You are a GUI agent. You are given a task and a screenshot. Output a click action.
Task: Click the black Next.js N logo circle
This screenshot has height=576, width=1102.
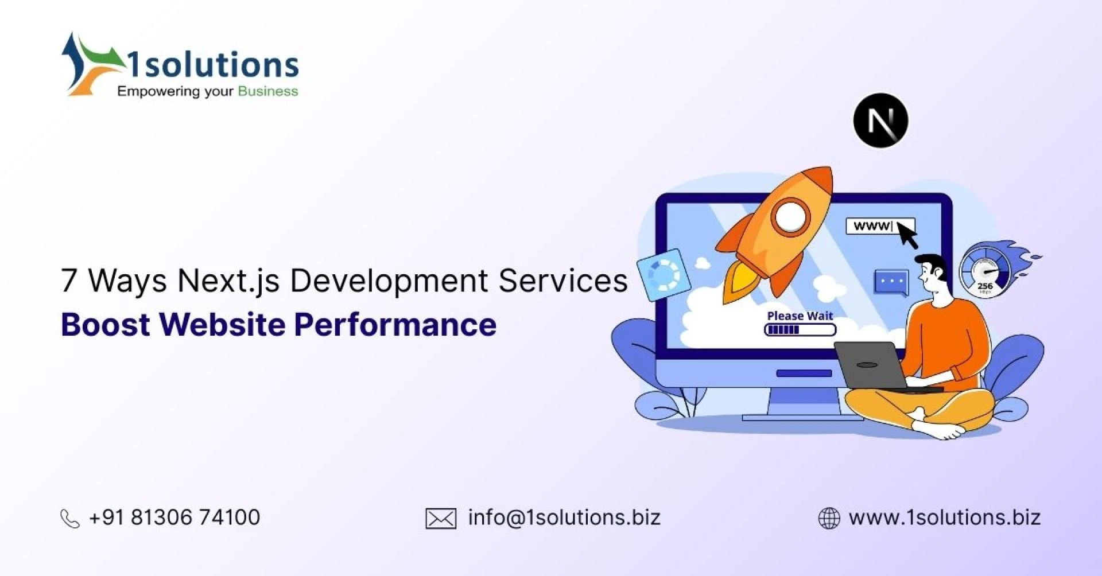(880, 121)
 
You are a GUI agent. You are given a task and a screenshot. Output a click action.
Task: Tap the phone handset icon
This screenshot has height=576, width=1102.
(70, 519)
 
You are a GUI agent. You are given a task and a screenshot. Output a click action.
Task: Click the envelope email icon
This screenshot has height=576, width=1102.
(441, 519)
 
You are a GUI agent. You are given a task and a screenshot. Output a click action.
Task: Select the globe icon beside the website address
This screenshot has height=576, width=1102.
(829, 518)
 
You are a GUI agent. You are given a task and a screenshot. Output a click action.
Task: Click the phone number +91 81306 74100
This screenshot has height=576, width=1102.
(174, 517)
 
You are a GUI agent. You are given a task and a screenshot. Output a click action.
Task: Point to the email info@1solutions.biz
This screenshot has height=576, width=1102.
(564, 517)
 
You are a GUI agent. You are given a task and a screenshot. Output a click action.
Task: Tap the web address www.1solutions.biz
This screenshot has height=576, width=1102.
(945, 517)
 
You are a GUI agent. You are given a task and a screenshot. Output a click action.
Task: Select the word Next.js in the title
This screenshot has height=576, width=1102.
(228, 281)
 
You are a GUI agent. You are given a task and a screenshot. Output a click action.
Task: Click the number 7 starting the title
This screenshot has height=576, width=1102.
(69, 281)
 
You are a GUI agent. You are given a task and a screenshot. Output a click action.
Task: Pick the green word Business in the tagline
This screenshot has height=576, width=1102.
(268, 91)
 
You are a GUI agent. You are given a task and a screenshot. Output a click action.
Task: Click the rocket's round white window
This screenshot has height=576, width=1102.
(790, 216)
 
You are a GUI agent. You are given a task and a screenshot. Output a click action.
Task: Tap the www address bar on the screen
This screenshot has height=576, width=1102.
(872, 226)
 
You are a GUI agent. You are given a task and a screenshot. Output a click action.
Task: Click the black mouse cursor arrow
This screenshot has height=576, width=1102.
(907, 235)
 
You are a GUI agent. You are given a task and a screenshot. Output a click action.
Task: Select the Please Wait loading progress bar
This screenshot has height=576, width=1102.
(800, 330)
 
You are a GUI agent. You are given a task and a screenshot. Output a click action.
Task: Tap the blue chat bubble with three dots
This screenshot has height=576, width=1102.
(891, 282)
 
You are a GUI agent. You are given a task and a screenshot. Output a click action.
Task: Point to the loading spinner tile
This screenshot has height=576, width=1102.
(663, 275)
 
